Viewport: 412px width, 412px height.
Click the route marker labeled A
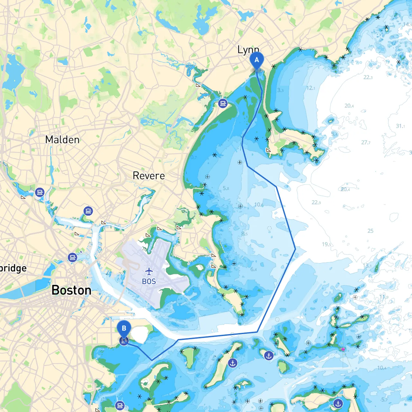pyautogui.click(x=257, y=60)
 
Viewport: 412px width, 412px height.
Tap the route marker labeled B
pyautogui.click(x=124, y=329)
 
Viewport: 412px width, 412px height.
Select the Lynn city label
pyautogui.click(x=248, y=50)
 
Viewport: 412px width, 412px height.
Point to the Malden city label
pyautogui.click(x=62, y=140)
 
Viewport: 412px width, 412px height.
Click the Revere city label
pyautogui.click(x=149, y=176)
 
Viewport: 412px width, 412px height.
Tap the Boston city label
pyautogui.click(x=71, y=290)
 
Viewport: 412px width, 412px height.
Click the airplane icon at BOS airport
pyautogui.click(x=149, y=271)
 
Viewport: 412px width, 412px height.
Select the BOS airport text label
pyautogui.click(x=149, y=282)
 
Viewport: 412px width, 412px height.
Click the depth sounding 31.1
pyautogui.click(x=400, y=126)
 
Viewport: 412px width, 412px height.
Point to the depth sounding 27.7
pyautogui.click(x=366, y=143)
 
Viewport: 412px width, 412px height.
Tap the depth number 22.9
pyautogui.click(x=316, y=202)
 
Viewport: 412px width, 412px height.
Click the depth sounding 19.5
pyautogui.click(x=326, y=244)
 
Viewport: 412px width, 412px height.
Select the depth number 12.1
pyautogui.click(x=311, y=88)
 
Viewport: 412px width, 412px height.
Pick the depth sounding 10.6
pyautogui.click(x=259, y=205)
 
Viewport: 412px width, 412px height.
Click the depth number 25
pyautogui.click(x=370, y=231)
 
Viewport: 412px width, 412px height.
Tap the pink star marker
pyautogui.click(x=343, y=349)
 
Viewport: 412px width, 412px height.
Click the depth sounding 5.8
pyautogui.click(x=226, y=188)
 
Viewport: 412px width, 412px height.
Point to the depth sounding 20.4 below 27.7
pyautogui.click(x=345, y=189)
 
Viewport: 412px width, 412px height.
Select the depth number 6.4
pyautogui.click(x=254, y=269)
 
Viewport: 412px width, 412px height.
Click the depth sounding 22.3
pyautogui.click(x=368, y=77)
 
